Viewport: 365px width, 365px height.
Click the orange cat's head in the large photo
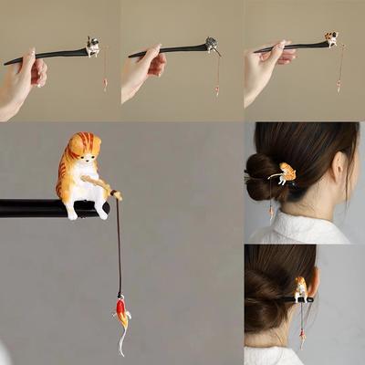pos(83,146)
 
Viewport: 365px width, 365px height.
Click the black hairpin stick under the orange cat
pos(36,208)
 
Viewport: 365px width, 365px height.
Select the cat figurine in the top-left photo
pos(92,46)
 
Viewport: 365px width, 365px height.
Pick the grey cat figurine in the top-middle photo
pos(211,44)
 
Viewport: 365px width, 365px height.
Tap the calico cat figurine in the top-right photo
pos(331,39)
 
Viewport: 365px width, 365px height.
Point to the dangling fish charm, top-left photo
pos(105,84)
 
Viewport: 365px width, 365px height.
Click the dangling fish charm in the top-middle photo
pos(217,89)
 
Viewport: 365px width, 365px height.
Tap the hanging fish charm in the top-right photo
pos(339,85)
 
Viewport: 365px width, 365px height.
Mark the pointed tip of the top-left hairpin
pos(7,63)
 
